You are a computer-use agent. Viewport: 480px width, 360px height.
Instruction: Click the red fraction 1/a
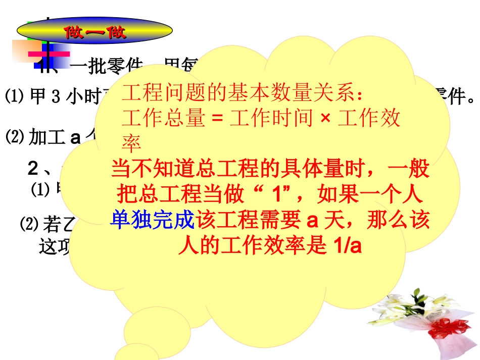[x=349, y=247]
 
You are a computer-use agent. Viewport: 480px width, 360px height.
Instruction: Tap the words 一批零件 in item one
[x=96, y=66]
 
